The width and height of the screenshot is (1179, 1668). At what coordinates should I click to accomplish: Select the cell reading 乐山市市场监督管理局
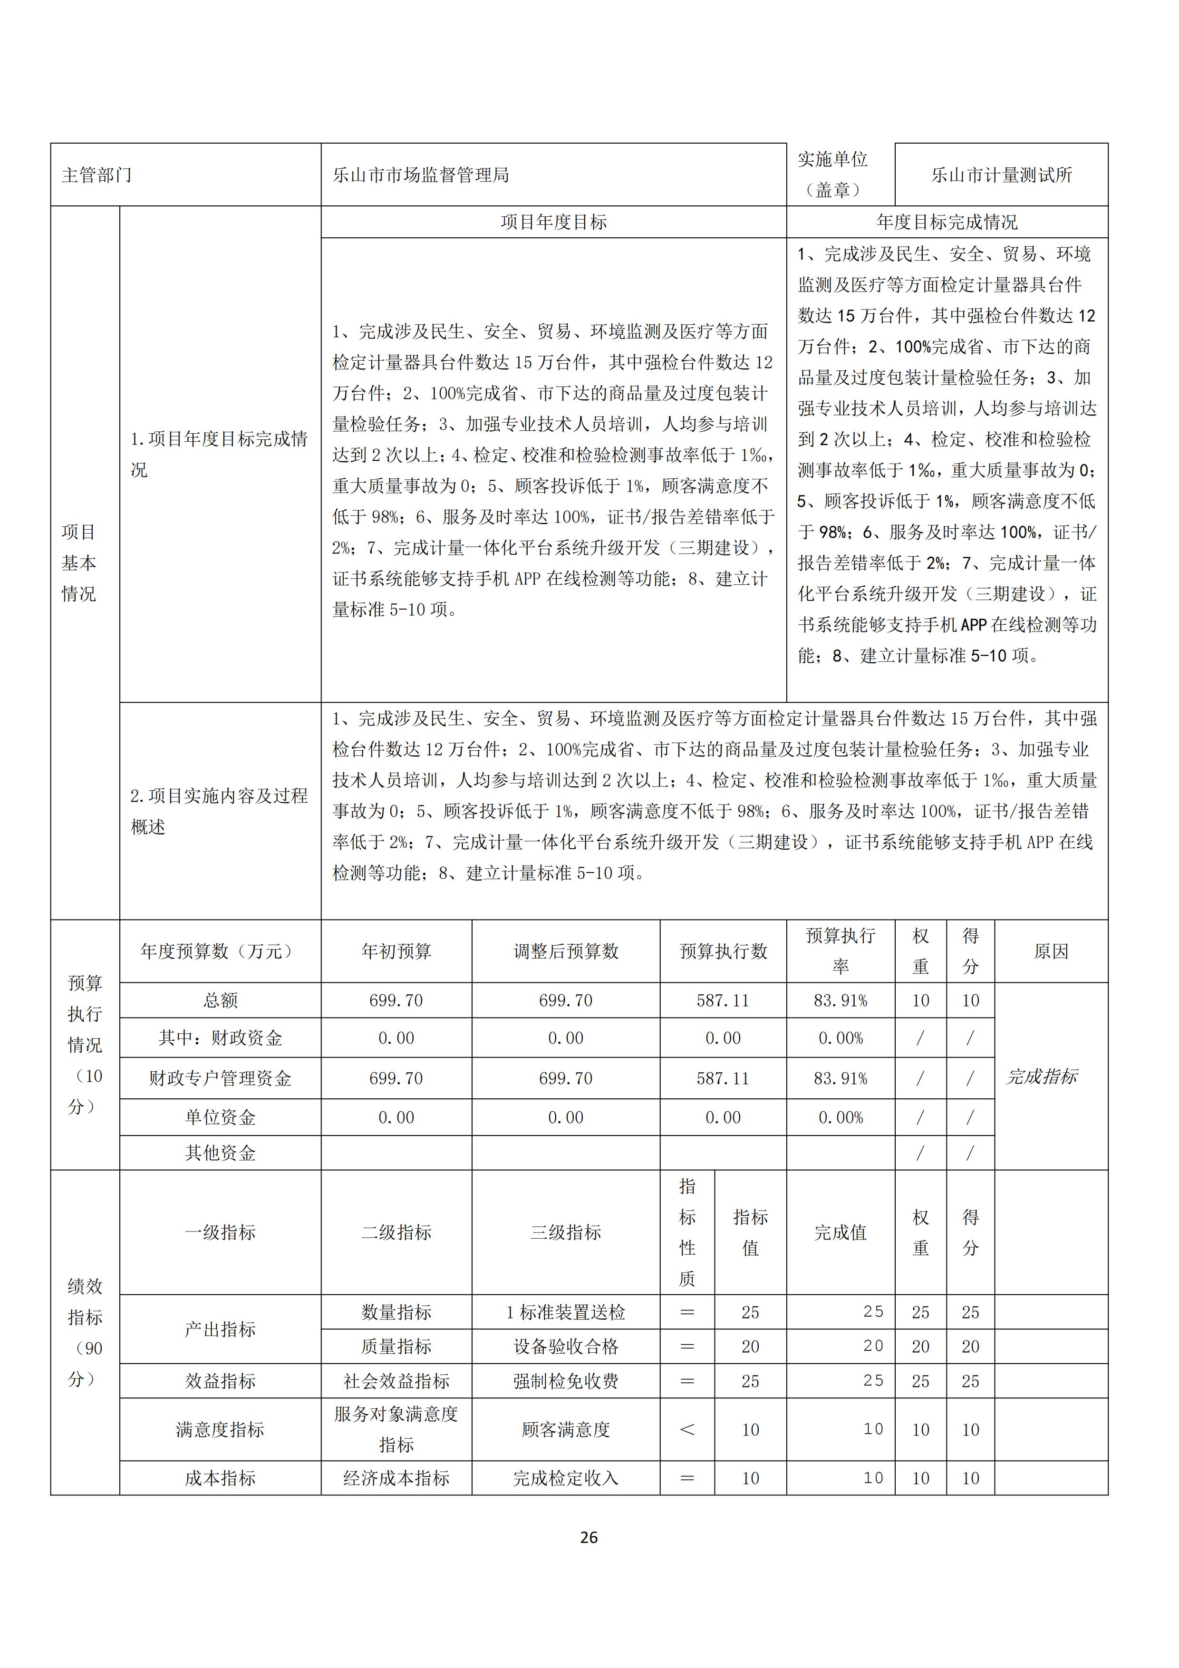421,175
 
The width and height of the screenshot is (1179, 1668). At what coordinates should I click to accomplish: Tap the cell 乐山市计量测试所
1001,175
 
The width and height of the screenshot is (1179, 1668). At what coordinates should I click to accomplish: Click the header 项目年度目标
553,223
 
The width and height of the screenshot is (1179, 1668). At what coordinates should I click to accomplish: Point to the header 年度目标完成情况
947,223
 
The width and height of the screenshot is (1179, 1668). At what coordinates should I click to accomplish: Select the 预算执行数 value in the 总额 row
722,1000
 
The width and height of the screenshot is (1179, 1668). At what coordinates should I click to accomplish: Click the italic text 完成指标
1041,1076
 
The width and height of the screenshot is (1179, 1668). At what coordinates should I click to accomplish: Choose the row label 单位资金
220,1117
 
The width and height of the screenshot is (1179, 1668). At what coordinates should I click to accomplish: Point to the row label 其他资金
220,1153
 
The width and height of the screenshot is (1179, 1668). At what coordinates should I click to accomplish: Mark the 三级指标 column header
565,1232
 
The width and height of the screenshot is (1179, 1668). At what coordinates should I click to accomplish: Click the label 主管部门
97,175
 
